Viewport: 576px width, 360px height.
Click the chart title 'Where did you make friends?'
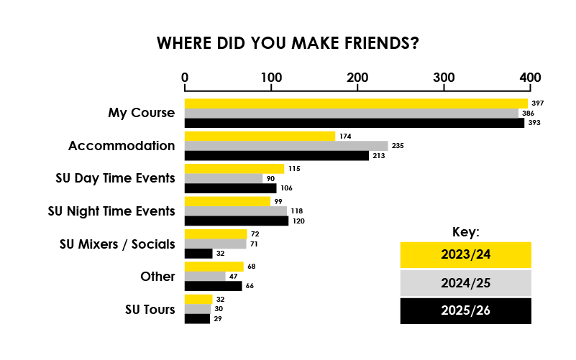288,43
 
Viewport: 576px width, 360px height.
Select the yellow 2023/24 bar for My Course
356,103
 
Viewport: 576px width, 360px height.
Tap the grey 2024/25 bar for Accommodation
286,146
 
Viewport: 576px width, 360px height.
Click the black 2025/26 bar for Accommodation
277,155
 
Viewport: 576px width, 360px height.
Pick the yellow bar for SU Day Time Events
234,169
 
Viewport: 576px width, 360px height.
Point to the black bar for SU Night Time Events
237,221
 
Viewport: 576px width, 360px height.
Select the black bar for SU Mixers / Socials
198,253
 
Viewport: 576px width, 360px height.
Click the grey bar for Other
205,276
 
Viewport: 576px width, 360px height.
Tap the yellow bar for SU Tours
198,299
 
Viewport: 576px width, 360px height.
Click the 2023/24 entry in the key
465,254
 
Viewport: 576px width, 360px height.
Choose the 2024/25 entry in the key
465,283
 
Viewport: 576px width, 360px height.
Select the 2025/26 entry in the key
465,311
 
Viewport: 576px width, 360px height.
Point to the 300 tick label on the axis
444,78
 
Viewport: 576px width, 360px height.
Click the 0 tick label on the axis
185,78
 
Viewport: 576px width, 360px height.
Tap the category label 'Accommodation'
122,146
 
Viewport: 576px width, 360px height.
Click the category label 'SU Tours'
150,310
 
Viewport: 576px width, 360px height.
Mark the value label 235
398,146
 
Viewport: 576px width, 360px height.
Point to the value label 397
537,103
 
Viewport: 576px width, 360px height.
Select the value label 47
233,276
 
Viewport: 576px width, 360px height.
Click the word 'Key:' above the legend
465,232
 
